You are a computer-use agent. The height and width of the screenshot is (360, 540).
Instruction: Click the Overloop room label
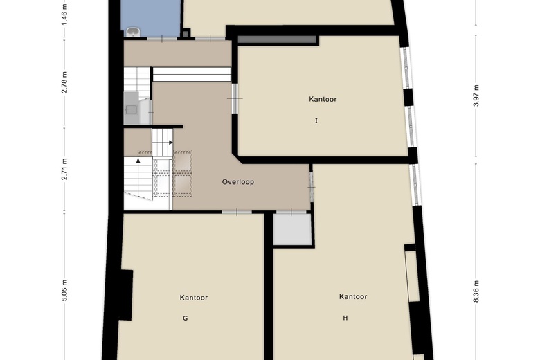tap(237, 182)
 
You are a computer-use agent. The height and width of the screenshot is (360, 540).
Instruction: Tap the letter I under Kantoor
tap(316, 120)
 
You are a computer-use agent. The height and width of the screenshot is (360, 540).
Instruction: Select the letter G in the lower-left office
tap(185, 318)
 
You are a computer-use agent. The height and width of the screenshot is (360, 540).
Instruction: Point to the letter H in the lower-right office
tap(345, 318)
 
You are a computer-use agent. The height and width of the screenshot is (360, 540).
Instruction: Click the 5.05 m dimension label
tap(64, 290)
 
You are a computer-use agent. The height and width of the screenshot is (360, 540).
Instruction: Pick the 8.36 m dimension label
tap(476, 291)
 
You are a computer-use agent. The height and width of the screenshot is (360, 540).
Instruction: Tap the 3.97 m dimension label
tap(476, 96)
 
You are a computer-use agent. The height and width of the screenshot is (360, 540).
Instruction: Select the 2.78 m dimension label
tap(64, 82)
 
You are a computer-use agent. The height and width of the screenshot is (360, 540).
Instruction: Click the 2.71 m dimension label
tap(64, 169)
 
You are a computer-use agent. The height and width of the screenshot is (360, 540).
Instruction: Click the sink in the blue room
tap(133, 32)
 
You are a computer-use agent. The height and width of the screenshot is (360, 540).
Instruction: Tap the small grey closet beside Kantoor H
tap(292, 230)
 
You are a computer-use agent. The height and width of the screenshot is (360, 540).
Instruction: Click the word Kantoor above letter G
tap(194, 298)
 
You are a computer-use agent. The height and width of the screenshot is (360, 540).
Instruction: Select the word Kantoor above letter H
tap(353, 296)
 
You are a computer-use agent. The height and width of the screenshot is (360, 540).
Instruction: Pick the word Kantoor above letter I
tap(323, 99)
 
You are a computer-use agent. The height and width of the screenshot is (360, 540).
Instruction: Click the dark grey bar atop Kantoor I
tap(277, 39)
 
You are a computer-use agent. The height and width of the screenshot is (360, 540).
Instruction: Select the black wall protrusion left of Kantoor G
tap(126, 295)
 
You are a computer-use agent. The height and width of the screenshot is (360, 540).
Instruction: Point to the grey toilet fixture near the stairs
tap(132, 109)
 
